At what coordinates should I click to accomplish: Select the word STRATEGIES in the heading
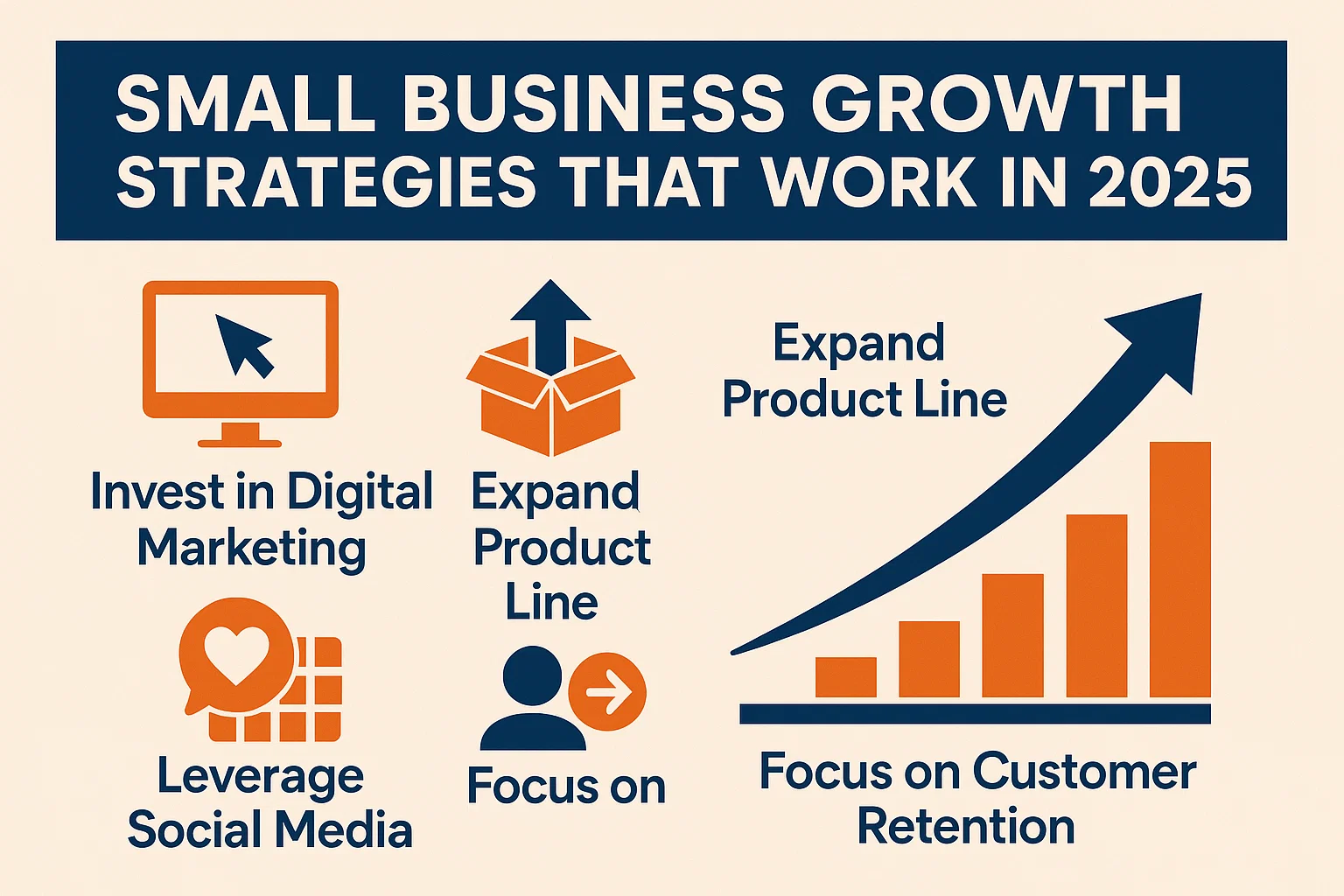[x=325, y=182]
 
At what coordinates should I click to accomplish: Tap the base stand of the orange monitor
[x=240, y=436]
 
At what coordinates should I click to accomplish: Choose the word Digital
[x=360, y=493]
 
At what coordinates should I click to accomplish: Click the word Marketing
[x=251, y=549]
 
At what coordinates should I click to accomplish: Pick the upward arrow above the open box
[x=549, y=324]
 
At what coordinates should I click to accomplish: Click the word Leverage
[x=260, y=777]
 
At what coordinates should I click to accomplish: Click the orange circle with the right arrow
[x=607, y=691]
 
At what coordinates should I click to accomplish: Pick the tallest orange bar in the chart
[x=1179, y=570]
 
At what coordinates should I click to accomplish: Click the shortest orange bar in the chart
[x=845, y=677]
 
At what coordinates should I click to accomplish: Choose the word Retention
[x=965, y=827]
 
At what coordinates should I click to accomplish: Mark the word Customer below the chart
[x=1084, y=773]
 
